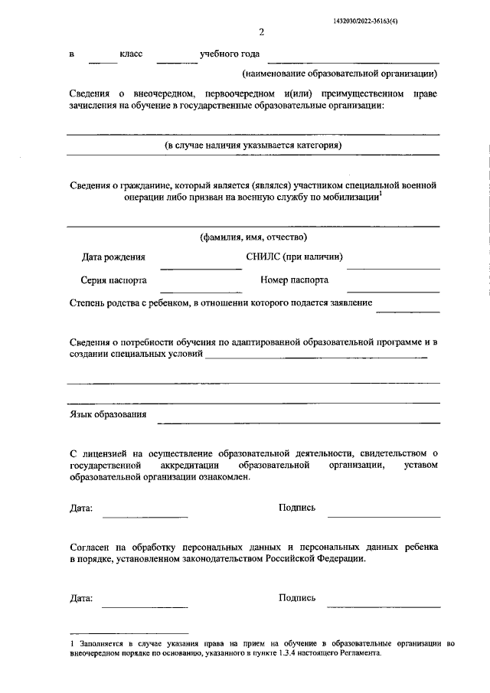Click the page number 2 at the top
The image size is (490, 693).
pos(261,32)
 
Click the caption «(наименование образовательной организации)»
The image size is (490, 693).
pos(340,74)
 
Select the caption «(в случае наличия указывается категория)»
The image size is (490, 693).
pos(253,145)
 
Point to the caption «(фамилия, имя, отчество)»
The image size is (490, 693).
pos(253,237)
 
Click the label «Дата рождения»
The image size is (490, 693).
pos(113,258)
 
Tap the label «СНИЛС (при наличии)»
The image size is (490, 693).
pos(294,257)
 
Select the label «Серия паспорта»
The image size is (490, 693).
pos(113,280)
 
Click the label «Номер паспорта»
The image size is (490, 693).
pos(295,280)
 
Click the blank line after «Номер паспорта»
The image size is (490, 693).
pos(393,291)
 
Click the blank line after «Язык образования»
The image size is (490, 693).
pos(299,422)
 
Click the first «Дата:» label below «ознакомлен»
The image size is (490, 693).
pos(80,508)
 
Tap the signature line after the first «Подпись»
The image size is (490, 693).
pos(384,516)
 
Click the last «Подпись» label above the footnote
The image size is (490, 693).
pos(297,598)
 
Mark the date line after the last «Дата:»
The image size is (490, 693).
pos(145,606)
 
